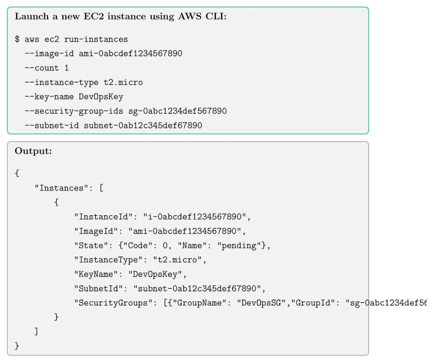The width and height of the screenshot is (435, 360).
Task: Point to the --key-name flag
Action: point(53,97)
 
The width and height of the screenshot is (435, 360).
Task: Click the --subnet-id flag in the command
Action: point(56,126)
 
